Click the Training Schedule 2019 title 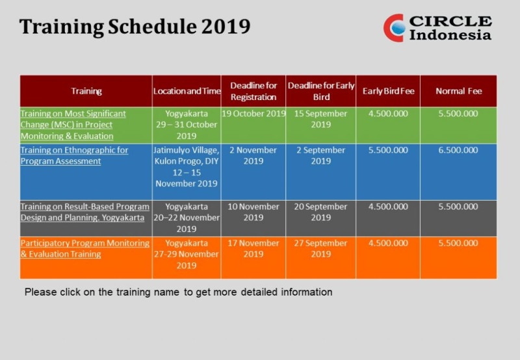click(135, 27)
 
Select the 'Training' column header click(86, 91)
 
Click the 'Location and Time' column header click(187, 91)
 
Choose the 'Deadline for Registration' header click(253, 91)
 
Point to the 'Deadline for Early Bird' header click(321, 91)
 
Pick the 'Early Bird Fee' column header click(388, 91)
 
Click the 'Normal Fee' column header click(458, 91)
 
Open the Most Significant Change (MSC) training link click(73, 125)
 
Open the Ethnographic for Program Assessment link click(74, 155)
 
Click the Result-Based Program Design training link click(84, 212)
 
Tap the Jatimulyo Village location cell click(187, 166)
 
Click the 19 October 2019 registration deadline click(253, 114)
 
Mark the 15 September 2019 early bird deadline click(321, 119)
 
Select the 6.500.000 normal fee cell click(458, 150)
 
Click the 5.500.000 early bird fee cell click(388, 150)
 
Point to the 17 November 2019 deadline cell click(253, 248)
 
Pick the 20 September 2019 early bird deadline click(321, 212)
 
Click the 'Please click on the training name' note click(178, 292)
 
